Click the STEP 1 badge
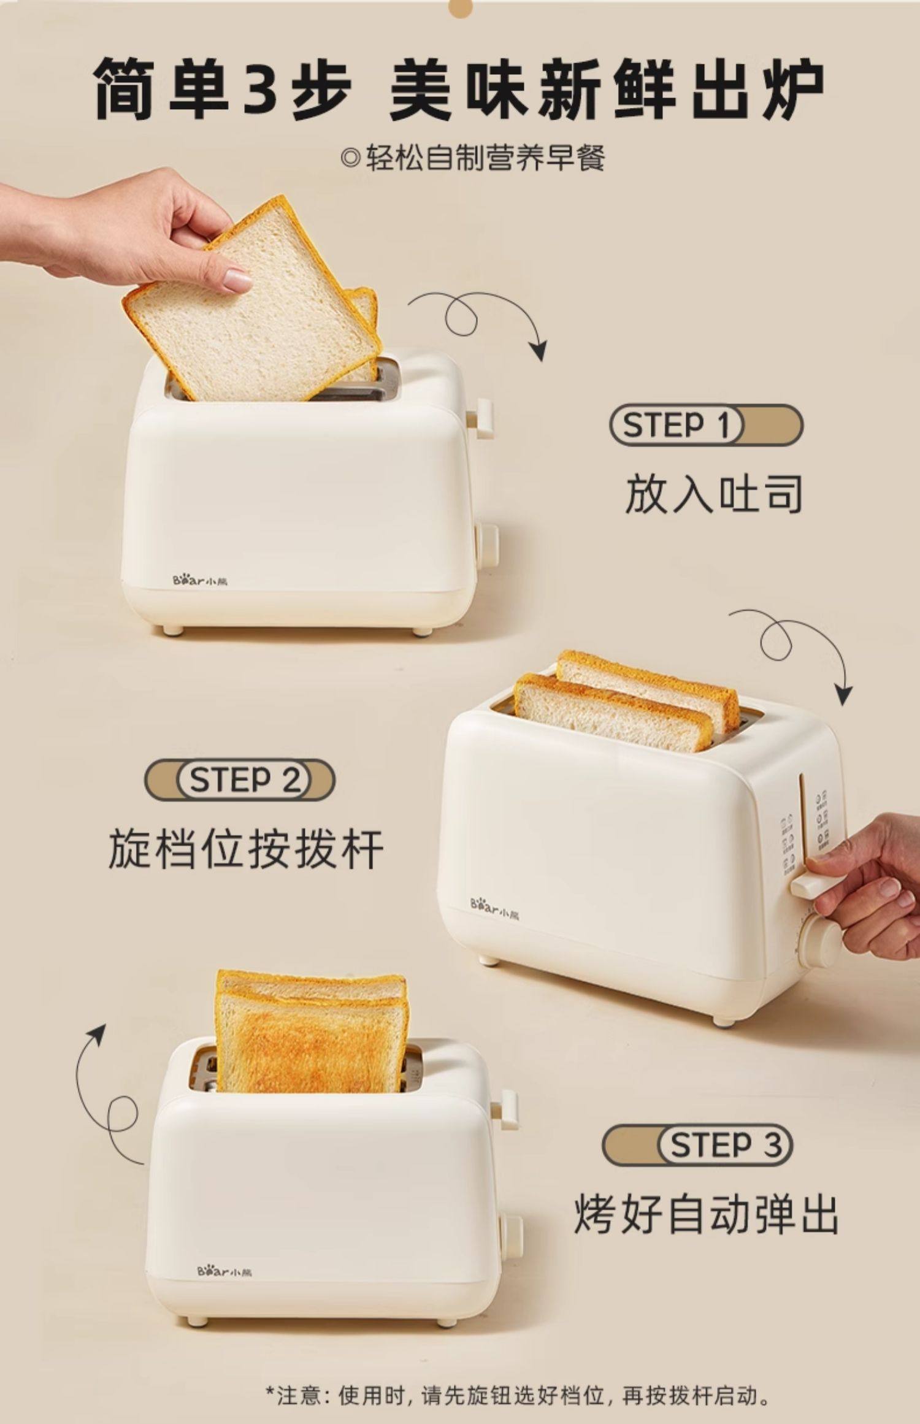tap(705, 425)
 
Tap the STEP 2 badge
tap(240, 781)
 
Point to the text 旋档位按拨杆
tap(245, 849)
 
